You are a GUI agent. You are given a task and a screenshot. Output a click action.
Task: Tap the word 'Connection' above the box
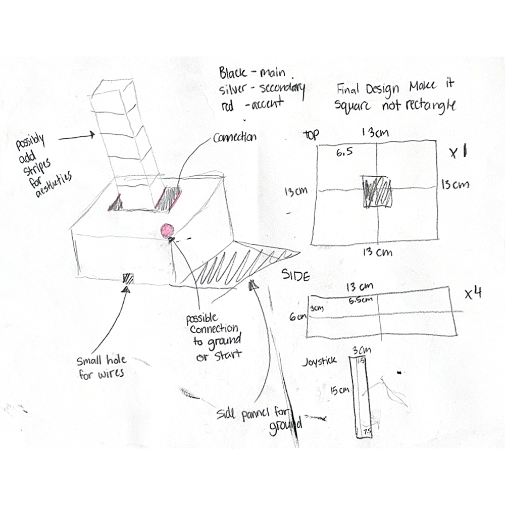(235, 137)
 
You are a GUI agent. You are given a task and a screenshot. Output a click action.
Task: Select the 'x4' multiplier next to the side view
(472, 294)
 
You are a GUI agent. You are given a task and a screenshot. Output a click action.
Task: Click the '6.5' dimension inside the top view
(343, 150)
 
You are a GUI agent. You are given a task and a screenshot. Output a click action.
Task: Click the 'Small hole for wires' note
(101, 368)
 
